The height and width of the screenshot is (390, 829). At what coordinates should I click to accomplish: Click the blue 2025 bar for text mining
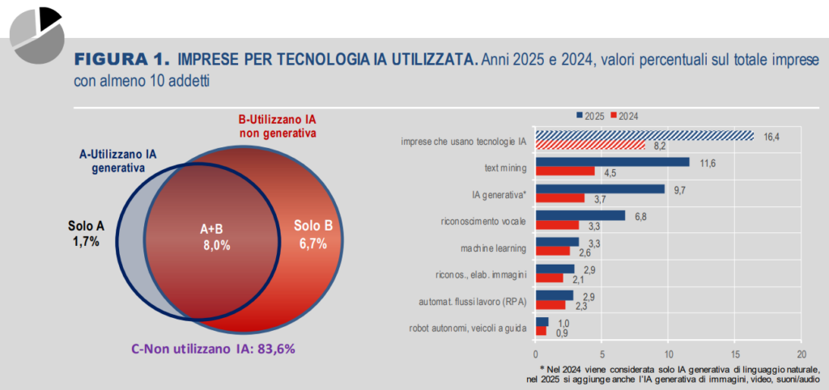click(x=612, y=162)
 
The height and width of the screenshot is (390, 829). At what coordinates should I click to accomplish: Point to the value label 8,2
click(x=660, y=146)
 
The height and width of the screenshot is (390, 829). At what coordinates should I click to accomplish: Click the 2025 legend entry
click(x=590, y=116)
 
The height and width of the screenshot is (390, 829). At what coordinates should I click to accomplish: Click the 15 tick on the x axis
click(x=734, y=354)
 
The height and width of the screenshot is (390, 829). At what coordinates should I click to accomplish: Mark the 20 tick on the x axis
click(x=801, y=354)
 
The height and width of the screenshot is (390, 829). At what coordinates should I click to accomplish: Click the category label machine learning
click(x=495, y=247)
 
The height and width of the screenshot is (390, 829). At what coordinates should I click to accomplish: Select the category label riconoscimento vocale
click(x=483, y=220)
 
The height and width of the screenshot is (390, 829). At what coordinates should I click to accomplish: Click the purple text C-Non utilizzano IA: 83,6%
click(x=213, y=349)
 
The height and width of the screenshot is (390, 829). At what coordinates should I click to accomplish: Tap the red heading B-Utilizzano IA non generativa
click(x=276, y=125)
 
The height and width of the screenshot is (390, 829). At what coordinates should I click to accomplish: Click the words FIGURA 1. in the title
click(x=123, y=59)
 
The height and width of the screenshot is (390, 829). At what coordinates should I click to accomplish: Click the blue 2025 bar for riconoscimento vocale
click(x=580, y=215)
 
